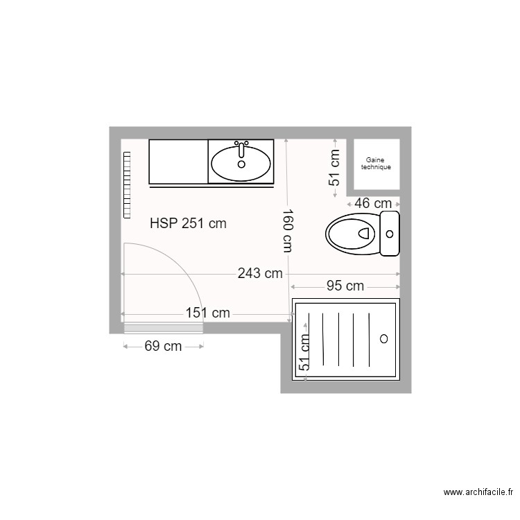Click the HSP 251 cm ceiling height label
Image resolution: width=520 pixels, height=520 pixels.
(188, 223)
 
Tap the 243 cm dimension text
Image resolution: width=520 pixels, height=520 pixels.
(260, 273)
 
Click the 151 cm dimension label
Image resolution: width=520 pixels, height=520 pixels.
(208, 313)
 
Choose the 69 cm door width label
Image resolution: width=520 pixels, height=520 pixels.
(163, 346)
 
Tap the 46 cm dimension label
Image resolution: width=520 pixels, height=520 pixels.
(373, 203)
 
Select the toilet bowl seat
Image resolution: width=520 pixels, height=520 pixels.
(352, 234)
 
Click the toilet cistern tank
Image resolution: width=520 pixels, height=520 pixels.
(390, 234)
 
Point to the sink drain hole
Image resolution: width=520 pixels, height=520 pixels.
(241, 164)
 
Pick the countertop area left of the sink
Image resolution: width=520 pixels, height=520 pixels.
(178, 161)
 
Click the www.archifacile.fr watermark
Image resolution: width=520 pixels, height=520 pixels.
(478, 493)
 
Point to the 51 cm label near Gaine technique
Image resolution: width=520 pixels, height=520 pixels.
(335, 168)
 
